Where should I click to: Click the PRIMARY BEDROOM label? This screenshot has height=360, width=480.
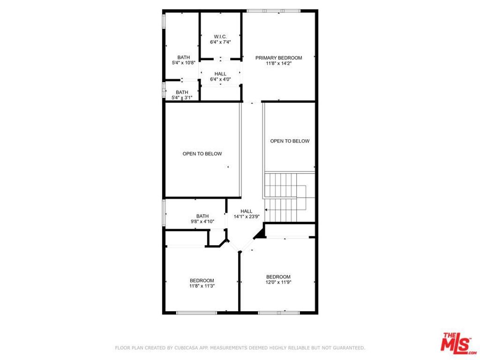tap(278, 58)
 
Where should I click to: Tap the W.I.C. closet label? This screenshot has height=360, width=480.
tap(220, 37)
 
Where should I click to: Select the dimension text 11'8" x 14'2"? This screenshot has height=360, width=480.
tap(278, 64)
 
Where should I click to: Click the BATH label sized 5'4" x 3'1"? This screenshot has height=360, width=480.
tap(182, 92)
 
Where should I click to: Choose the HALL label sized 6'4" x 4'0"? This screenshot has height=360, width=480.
tap(220, 74)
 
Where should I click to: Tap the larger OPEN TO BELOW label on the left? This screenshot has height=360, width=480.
tap(202, 154)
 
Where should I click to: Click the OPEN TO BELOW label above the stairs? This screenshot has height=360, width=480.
tap(290, 141)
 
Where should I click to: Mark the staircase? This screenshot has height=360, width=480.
tap(284, 197)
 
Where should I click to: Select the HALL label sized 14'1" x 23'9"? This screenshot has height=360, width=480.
tap(247, 211)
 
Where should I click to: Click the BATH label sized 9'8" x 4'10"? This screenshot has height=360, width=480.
tap(202, 216)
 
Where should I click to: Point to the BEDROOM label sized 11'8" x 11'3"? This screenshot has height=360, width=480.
tap(202, 280)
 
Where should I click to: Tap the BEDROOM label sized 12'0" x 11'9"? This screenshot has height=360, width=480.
tap(278, 277)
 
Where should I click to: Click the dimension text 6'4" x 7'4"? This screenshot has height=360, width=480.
tap(220, 42)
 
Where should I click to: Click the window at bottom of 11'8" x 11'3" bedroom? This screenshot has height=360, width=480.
tap(190, 313)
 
